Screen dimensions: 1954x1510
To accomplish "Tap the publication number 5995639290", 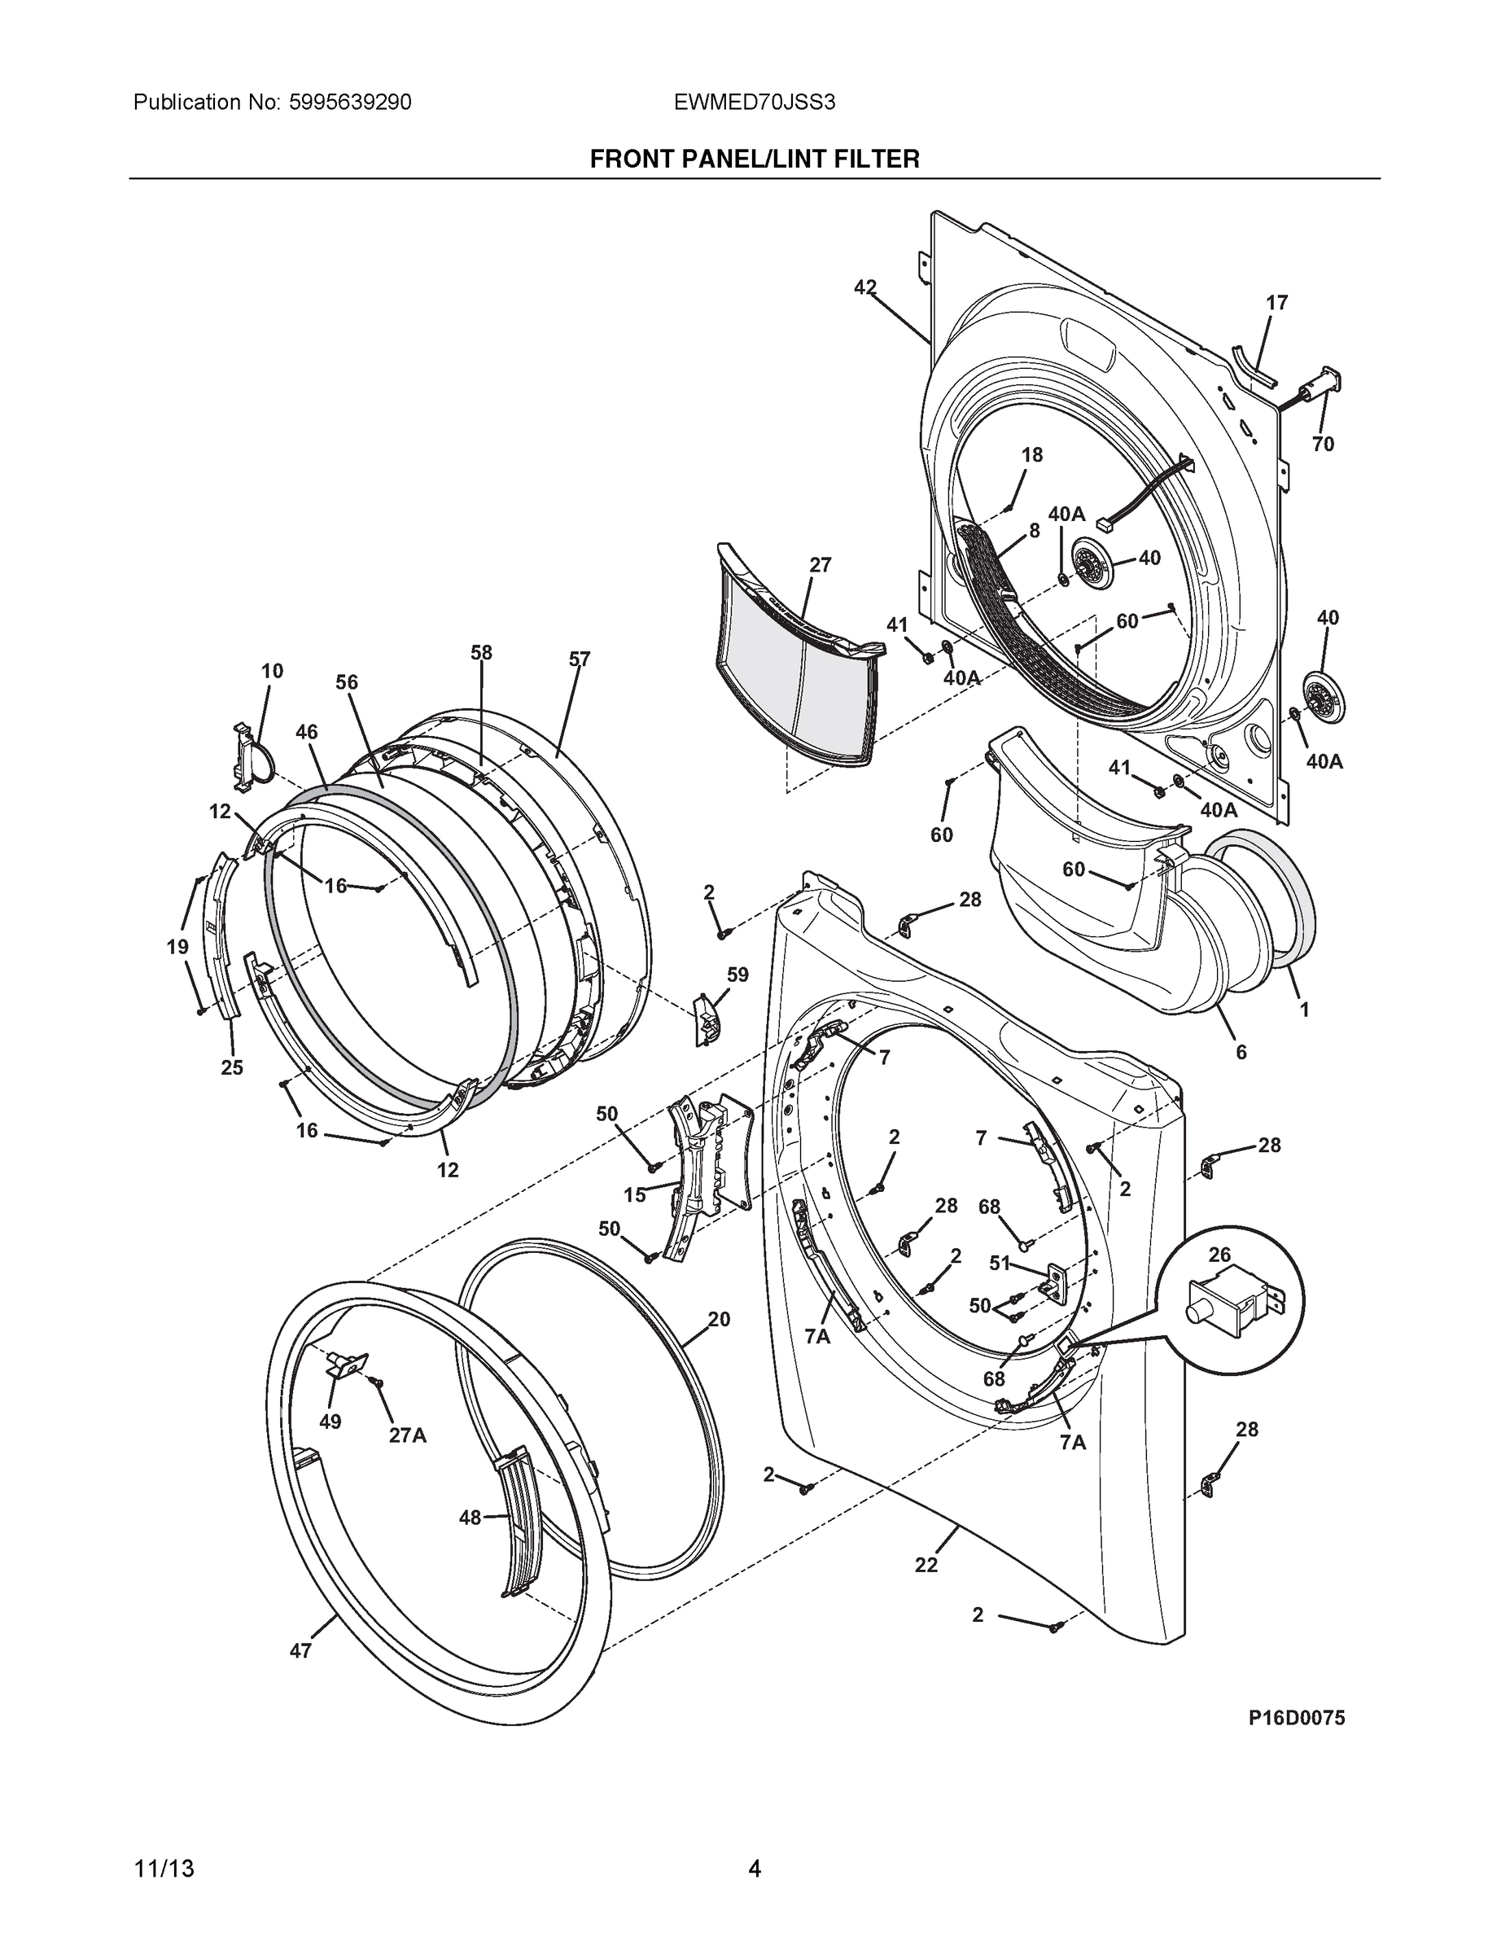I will coord(350,102).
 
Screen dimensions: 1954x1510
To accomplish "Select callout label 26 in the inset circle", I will coord(1219,1255).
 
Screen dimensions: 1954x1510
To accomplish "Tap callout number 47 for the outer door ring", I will coord(300,1650).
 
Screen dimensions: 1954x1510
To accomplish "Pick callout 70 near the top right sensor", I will coord(1323,444).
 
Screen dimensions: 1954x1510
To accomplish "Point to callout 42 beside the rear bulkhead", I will coord(865,287).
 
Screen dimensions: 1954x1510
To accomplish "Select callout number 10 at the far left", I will coord(272,670).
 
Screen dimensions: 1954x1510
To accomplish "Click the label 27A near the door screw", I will coord(407,1435).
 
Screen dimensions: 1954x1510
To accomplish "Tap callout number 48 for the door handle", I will coord(470,1517).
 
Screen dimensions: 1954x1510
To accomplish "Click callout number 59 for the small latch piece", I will coord(737,975).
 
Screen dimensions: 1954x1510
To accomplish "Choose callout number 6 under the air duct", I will coord(1241,1052).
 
